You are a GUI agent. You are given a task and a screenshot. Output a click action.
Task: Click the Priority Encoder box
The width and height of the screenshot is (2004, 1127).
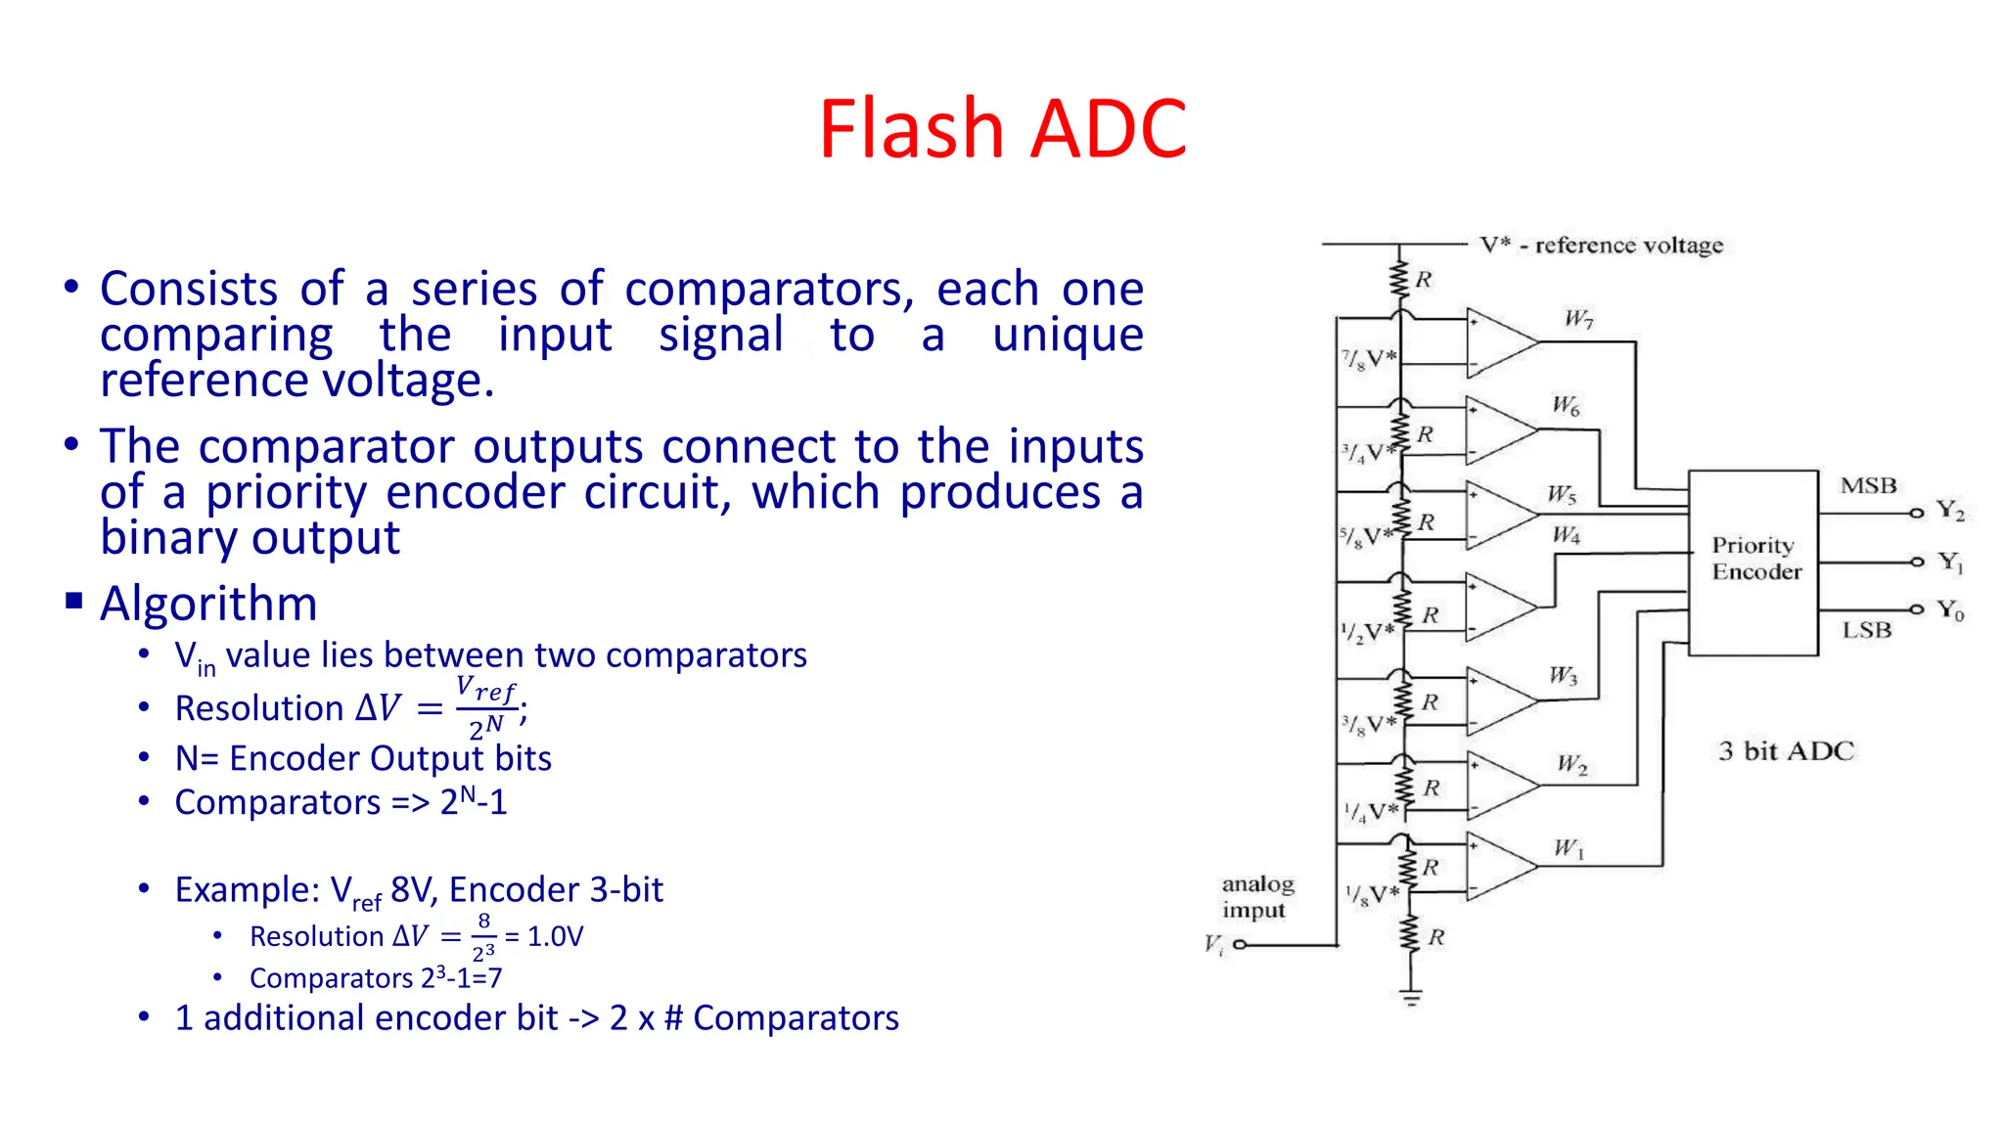point(1753,562)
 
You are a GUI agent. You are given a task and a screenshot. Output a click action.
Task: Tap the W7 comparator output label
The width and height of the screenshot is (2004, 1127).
point(1578,319)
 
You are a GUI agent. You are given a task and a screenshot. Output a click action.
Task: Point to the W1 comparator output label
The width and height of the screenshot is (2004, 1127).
point(1569,848)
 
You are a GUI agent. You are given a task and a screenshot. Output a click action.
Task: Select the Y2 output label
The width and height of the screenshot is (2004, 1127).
point(1949,511)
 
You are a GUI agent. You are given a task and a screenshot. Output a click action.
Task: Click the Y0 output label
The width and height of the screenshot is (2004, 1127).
point(1949,610)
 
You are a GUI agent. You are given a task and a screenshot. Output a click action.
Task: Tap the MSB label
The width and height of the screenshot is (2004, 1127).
point(1867,485)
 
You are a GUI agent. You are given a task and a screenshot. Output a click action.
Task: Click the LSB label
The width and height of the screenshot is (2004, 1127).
point(1866,630)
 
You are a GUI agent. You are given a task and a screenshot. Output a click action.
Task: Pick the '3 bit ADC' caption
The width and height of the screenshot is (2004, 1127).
point(1786,751)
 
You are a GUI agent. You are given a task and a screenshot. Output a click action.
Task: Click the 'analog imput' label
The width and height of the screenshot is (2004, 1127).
point(1256,897)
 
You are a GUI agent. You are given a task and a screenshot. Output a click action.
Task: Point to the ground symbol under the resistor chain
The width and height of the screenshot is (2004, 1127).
point(1410,998)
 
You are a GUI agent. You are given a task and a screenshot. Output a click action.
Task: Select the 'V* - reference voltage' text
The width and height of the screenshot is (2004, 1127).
point(1601,245)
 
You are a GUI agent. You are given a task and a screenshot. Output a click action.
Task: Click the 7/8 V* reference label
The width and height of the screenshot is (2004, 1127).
point(1368,359)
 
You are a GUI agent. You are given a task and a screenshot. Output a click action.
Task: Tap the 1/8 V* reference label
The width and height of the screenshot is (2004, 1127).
point(1371,894)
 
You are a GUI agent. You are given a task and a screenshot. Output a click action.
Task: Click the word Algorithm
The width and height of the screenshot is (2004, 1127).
point(208,603)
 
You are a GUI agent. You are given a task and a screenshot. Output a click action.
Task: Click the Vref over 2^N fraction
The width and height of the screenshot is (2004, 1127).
point(485,707)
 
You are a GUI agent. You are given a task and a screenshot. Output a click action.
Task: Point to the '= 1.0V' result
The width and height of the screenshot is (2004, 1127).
point(545,936)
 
